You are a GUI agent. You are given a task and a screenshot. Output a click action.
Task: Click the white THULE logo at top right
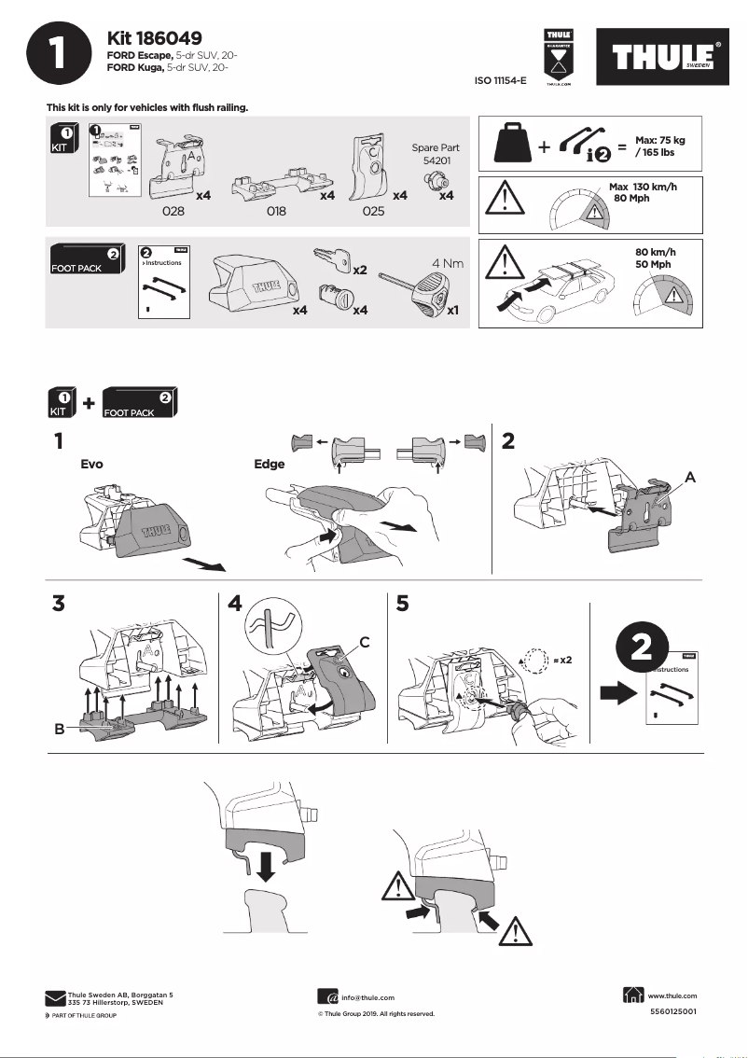(x=663, y=58)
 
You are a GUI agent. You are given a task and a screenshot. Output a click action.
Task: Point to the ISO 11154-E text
(x=501, y=81)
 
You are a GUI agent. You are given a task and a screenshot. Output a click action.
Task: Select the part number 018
(x=276, y=212)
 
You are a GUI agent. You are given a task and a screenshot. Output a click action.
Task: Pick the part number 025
(x=373, y=212)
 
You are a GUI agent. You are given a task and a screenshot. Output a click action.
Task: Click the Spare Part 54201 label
(x=436, y=154)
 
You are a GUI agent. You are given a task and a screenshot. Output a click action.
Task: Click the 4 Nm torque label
(x=445, y=263)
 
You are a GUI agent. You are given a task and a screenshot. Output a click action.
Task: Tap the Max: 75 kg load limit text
(x=659, y=146)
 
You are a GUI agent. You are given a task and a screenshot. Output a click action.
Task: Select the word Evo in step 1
(x=91, y=463)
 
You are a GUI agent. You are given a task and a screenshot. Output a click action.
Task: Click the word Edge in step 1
(x=270, y=463)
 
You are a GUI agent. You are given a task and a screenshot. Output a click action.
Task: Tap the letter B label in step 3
(x=60, y=730)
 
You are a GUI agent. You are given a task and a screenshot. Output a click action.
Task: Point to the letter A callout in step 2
(x=690, y=476)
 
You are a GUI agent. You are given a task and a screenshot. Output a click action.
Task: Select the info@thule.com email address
(x=367, y=997)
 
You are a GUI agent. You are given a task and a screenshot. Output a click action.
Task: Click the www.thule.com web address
(x=672, y=995)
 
